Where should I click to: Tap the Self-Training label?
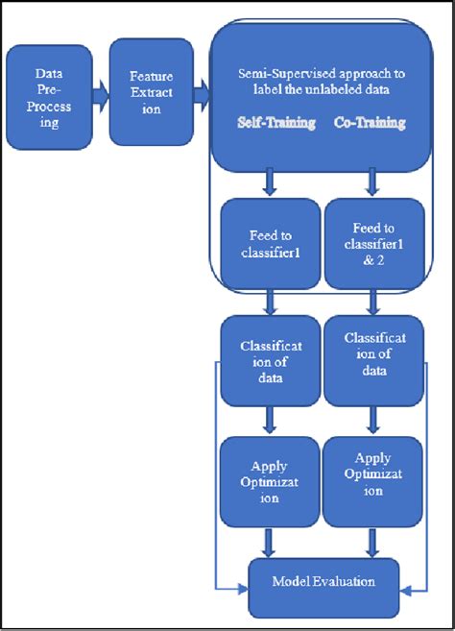point(276,123)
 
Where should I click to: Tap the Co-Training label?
point(369,123)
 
